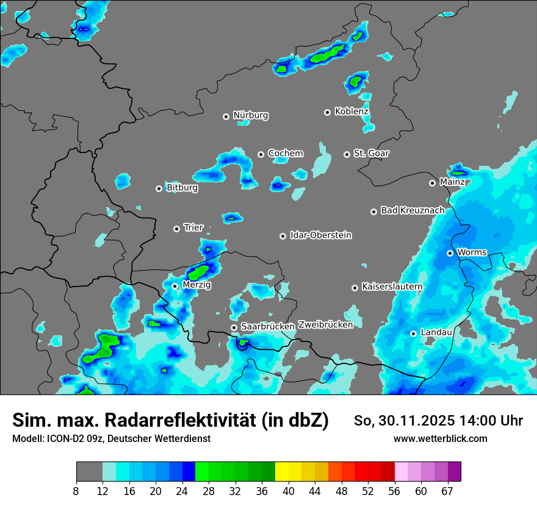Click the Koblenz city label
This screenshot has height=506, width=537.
pos(351,112)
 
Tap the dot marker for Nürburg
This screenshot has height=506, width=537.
pos(226,116)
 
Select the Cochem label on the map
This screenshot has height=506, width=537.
pos(286,153)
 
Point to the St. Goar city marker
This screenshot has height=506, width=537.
pos(347,154)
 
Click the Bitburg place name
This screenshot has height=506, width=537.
pos(182,188)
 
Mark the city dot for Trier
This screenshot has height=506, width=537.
pos(176,229)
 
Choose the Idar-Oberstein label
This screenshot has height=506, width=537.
pos(320,235)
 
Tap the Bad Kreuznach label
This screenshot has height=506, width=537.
pos(413,210)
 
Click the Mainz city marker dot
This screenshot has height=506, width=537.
pos(432,183)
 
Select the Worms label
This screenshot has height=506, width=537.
pos(472,252)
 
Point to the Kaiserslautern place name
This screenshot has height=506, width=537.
pos(392,287)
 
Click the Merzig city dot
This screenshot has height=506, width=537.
pos(175,286)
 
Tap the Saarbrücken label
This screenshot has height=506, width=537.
pos(267,327)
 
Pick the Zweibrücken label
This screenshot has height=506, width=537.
pos(325,325)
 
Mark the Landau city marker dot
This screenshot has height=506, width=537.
pos(413,333)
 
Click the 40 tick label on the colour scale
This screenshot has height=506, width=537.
pos(288,491)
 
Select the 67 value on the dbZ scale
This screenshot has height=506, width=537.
pos(447,491)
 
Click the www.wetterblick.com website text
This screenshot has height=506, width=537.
pos(440,438)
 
